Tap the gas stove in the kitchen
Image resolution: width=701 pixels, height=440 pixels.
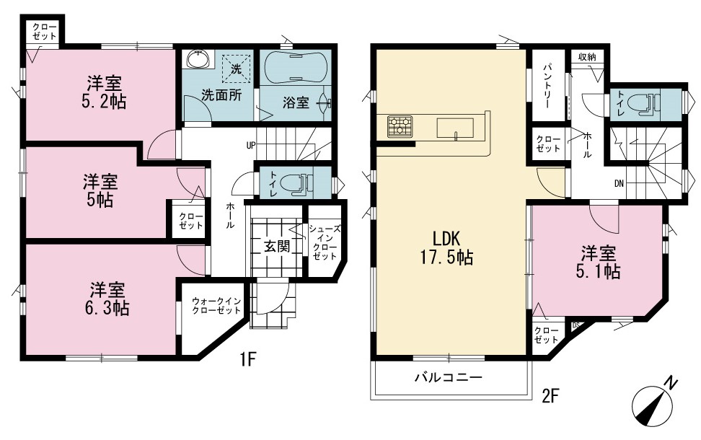tap(400, 126)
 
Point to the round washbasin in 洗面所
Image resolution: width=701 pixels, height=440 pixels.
tap(198, 59)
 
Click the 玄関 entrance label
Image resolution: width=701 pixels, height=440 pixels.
tap(276, 246)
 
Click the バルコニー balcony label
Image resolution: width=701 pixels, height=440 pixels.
tap(449, 377)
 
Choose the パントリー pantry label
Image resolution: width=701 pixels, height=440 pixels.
tap(547, 85)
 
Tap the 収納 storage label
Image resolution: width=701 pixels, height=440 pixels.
tap(588, 57)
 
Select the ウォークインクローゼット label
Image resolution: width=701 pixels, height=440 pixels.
tap(216, 306)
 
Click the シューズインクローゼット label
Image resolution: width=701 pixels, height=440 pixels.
tap(325, 242)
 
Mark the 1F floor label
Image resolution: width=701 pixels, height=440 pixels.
tap(247, 359)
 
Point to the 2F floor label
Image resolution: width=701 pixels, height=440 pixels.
tap(550, 395)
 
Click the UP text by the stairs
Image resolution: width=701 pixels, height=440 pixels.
tap(250, 145)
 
